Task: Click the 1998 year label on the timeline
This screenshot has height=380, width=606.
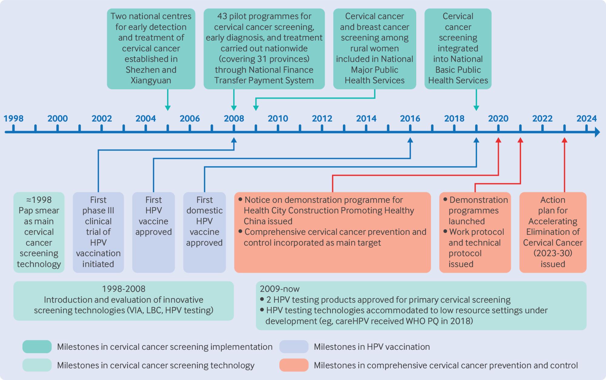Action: (x=13, y=118)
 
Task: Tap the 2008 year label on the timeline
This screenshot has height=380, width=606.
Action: (x=234, y=118)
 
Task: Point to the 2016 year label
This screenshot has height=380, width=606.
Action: (x=410, y=118)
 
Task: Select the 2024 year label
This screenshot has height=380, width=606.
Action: (x=587, y=118)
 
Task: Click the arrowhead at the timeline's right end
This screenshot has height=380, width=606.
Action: (x=597, y=132)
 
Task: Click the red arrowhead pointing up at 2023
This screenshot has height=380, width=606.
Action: (x=564, y=140)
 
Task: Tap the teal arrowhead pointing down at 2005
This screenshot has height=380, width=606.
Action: (x=168, y=108)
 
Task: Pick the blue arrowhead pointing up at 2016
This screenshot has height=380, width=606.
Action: (x=410, y=140)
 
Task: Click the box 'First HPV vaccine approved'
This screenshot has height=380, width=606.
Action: (x=153, y=232)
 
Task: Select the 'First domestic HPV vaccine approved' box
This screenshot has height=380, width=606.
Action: (x=205, y=232)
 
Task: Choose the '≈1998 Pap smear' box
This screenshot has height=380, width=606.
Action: (x=39, y=232)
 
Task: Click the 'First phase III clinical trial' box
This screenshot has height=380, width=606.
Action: (x=98, y=232)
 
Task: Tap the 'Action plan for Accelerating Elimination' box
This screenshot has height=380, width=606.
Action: (x=553, y=232)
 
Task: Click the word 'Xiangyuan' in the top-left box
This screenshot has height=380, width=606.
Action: (x=151, y=80)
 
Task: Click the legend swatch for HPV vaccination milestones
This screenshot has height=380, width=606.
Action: (x=294, y=347)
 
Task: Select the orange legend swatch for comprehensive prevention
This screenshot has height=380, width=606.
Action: (x=294, y=365)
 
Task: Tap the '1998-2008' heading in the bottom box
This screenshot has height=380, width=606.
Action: (x=124, y=289)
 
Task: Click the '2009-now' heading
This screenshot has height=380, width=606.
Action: (x=279, y=289)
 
